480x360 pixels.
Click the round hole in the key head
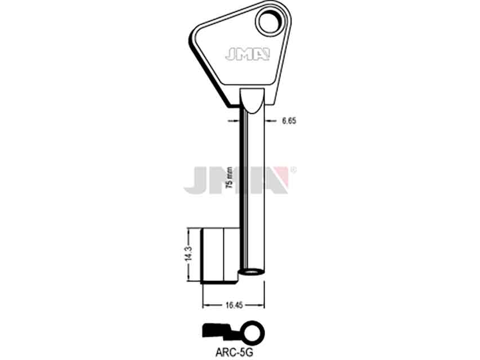pyautogui.click(x=270, y=22)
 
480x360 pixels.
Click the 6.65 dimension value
pyautogui.click(x=289, y=121)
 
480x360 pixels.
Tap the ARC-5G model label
pyautogui.click(x=234, y=353)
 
